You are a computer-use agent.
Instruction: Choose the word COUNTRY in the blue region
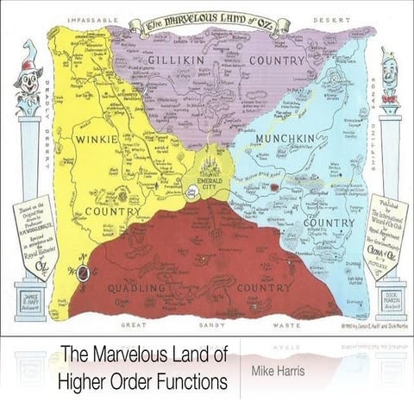(x=329, y=222)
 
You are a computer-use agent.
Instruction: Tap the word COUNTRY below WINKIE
(x=112, y=211)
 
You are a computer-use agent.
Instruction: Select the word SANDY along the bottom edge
(x=211, y=325)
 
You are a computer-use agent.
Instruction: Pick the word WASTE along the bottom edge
(x=286, y=325)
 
